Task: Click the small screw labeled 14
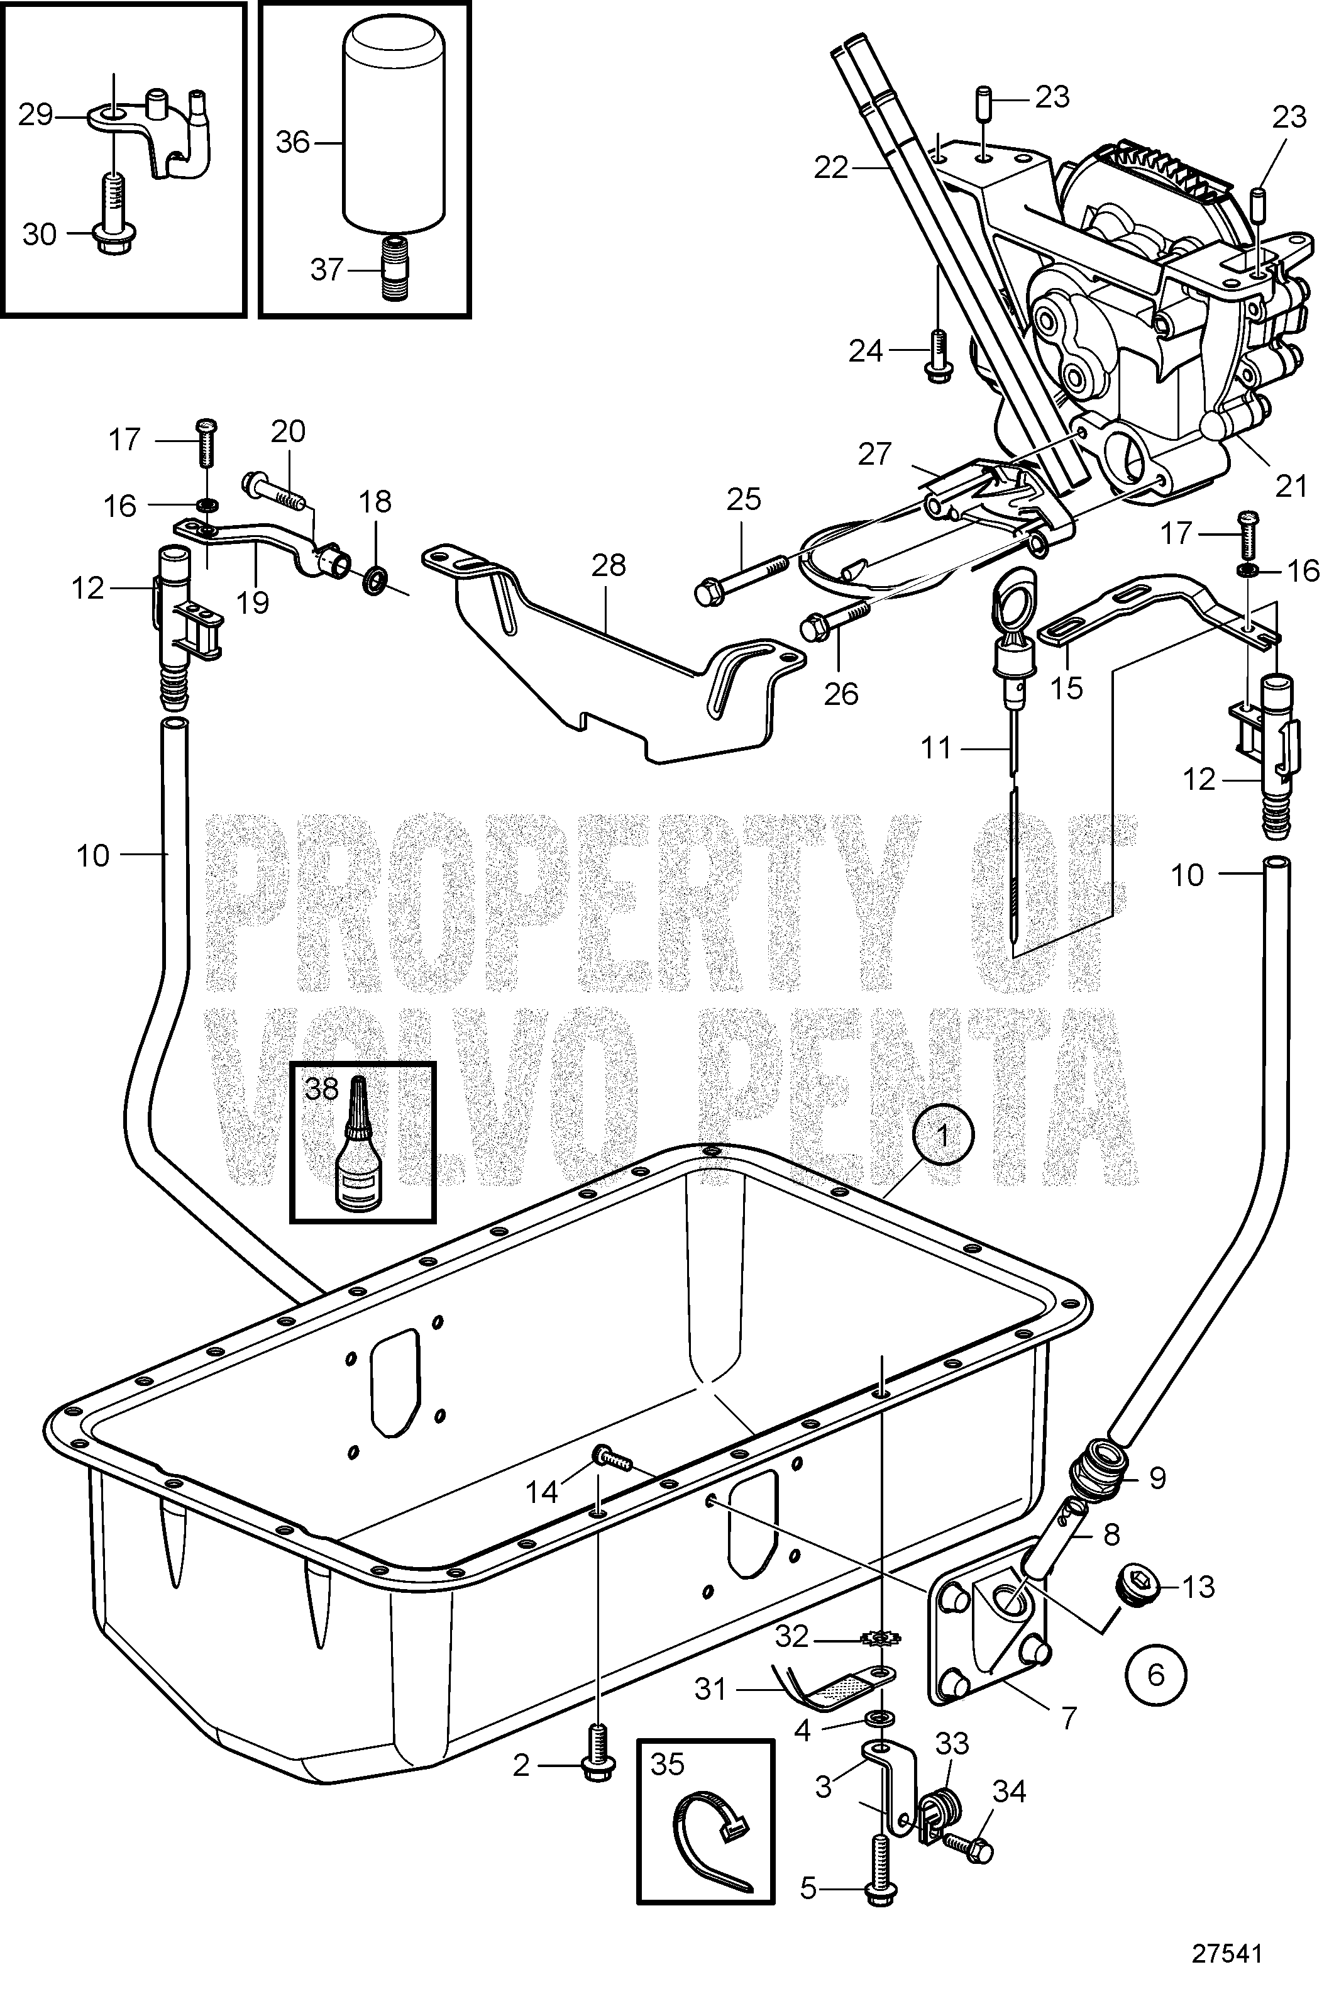click(x=609, y=1459)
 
